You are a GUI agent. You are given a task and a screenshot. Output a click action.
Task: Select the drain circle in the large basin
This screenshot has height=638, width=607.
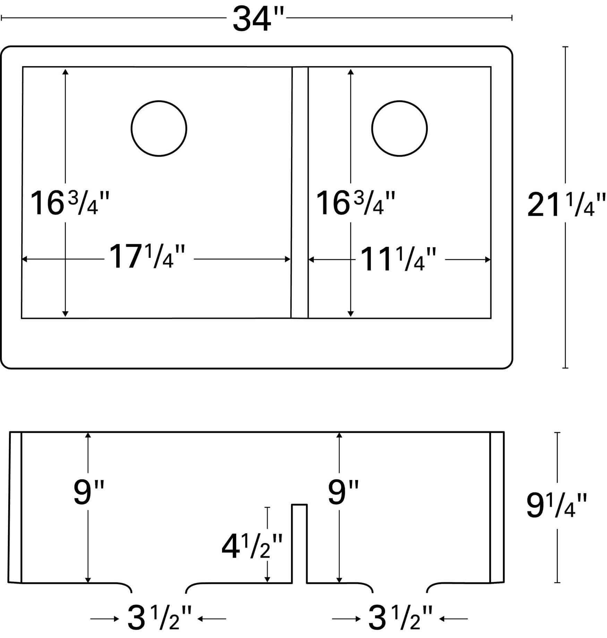tap(159, 128)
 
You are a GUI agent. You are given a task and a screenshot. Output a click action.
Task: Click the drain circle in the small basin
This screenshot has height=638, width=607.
tap(399, 128)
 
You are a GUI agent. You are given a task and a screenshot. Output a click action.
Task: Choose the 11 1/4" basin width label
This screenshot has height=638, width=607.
tap(397, 259)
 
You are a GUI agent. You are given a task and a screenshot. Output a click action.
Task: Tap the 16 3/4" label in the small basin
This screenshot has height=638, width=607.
tap(355, 204)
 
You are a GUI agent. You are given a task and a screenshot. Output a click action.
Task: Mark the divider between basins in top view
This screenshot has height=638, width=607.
tap(300, 192)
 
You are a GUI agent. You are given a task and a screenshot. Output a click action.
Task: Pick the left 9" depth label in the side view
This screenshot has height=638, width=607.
tap(88, 492)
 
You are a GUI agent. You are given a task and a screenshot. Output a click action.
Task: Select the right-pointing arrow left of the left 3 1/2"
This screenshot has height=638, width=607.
tap(104, 619)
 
